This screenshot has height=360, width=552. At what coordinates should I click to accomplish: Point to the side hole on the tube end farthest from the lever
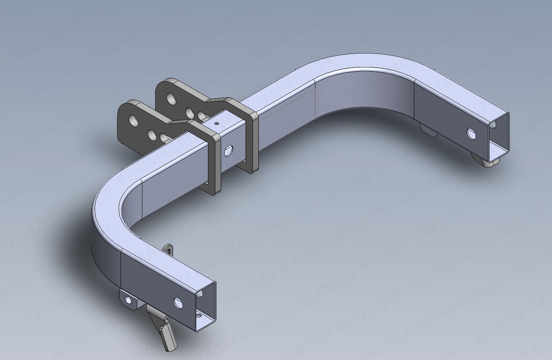pyautogui.click(x=471, y=133)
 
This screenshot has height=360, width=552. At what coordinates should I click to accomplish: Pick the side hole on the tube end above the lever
pyautogui.click(x=178, y=302)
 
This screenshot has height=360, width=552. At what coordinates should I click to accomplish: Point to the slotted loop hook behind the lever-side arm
pyautogui.click(x=169, y=249)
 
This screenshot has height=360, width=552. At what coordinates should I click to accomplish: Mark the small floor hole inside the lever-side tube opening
pyautogui.click(x=199, y=316)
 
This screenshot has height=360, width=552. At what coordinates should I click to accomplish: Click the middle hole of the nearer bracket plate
pyautogui.click(x=151, y=134)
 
